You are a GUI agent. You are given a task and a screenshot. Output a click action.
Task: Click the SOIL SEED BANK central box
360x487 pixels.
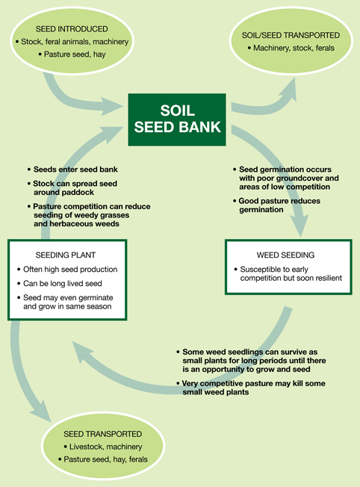pyautogui.click(x=177, y=120)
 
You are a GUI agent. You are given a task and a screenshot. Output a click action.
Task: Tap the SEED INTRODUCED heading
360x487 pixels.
pyautogui.click(x=72, y=29)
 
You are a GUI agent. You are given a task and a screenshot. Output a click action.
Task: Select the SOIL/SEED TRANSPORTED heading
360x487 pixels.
pyautogui.click(x=291, y=35)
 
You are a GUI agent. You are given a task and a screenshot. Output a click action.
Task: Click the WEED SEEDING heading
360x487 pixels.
pyautogui.click(x=285, y=255)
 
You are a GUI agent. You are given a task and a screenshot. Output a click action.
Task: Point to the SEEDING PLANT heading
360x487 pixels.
pyautogui.click(x=66, y=255)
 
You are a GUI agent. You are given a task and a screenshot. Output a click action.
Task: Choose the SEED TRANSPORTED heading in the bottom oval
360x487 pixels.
pyautogui.click(x=103, y=434)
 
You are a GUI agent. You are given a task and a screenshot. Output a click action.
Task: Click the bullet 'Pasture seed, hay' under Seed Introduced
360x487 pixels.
pyautogui.click(x=72, y=55)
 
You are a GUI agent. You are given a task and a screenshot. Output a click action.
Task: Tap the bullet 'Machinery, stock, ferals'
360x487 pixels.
pyautogui.click(x=291, y=48)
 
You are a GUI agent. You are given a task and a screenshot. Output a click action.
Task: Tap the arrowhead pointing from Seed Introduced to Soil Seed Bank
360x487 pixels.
pyautogui.click(x=111, y=107)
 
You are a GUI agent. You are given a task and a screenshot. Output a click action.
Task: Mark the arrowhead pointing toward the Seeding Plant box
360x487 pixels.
pyautogui.click(x=82, y=352)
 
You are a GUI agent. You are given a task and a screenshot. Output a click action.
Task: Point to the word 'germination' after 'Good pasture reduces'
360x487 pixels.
pyautogui.click(x=261, y=210)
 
